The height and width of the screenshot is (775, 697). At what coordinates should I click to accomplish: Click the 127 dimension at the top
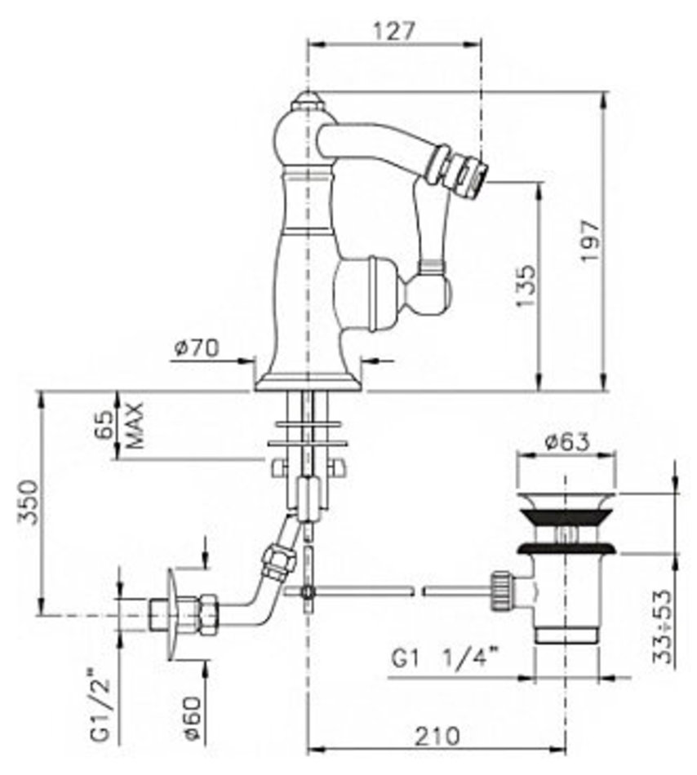click(x=393, y=32)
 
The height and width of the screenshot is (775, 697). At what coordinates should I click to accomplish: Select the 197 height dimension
click(x=590, y=241)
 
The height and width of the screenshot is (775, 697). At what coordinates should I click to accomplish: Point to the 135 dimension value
click(x=526, y=286)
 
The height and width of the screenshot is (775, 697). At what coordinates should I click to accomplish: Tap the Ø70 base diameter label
click(x=196, y=348)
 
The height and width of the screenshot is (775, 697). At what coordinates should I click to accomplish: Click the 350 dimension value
click(x=28, y=503)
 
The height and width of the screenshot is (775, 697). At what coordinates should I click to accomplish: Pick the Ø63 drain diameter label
click(x=567, y=441)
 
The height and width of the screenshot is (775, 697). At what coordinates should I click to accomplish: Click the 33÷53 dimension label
click(x=663, y=627)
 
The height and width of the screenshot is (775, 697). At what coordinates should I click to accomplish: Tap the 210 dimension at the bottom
click(x=437, y=737)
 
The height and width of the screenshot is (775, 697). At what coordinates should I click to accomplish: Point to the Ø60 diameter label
click(x=192, y=719)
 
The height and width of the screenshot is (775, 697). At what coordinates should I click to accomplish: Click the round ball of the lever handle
click(x=434, y=294)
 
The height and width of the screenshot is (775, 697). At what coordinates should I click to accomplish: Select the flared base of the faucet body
click(x=310, y=381)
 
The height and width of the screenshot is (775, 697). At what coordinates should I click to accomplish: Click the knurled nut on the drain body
click(x=502, y=591)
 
